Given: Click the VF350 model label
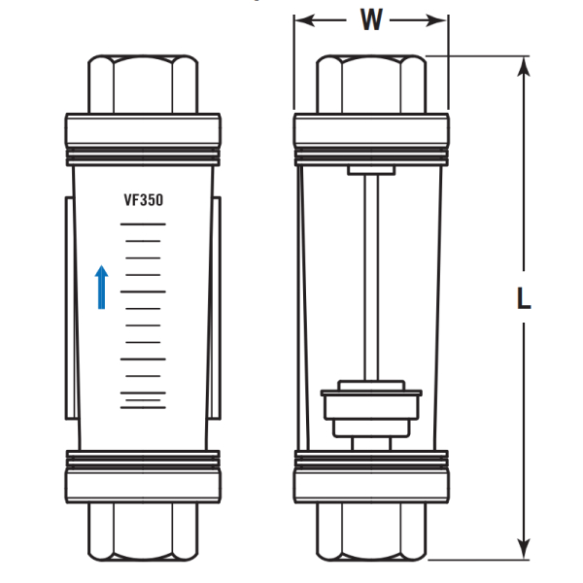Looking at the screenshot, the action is [144, 200].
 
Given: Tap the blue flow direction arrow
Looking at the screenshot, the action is [101, 287].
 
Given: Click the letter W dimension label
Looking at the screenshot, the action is [371, 19].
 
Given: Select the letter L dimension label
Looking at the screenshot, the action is [524, 298].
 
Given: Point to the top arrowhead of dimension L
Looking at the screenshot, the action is [524, 66].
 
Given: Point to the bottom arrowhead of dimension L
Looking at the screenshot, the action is [524, 549].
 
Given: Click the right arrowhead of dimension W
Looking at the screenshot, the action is [436, 20].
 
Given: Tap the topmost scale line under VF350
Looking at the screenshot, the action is [143, 224].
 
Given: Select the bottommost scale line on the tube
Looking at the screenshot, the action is [143, 408].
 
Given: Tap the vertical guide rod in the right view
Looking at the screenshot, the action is [371, 277].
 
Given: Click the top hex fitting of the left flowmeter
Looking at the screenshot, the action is [143, 84].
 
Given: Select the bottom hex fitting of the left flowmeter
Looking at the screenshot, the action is [143, 532].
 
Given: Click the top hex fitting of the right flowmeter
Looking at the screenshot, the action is [371, 84].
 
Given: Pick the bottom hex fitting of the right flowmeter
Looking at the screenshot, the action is [371, 532].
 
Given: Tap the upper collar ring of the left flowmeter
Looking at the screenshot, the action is [143, 139].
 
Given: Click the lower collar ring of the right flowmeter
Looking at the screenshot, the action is [371, 477].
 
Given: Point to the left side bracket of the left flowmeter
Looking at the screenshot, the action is [71, 309].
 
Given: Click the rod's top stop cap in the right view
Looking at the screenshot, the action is [371, 170].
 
